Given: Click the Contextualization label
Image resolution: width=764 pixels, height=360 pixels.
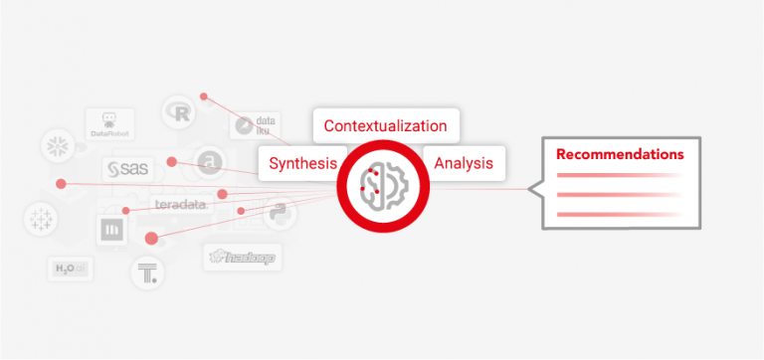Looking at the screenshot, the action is (x=385, y=126).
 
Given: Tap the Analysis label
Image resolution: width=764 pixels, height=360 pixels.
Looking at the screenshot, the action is (x=464, y=163).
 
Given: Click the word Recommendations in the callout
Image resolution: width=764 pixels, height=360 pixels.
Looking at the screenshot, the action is (x=620, y=155).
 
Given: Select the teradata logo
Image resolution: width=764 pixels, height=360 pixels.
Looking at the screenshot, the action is (x=180, y=204).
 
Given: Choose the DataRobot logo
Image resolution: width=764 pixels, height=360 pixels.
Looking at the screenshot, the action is (x=109, y=123).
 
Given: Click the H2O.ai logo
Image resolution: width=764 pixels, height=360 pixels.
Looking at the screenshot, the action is (x=70, y=269).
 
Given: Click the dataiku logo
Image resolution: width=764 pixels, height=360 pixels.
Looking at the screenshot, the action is (x=257, y=125).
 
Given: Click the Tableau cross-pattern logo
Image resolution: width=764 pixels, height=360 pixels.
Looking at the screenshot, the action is (x=41, y=218).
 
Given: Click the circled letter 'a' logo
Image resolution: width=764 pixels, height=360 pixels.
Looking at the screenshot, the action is (x=208, y=160).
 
